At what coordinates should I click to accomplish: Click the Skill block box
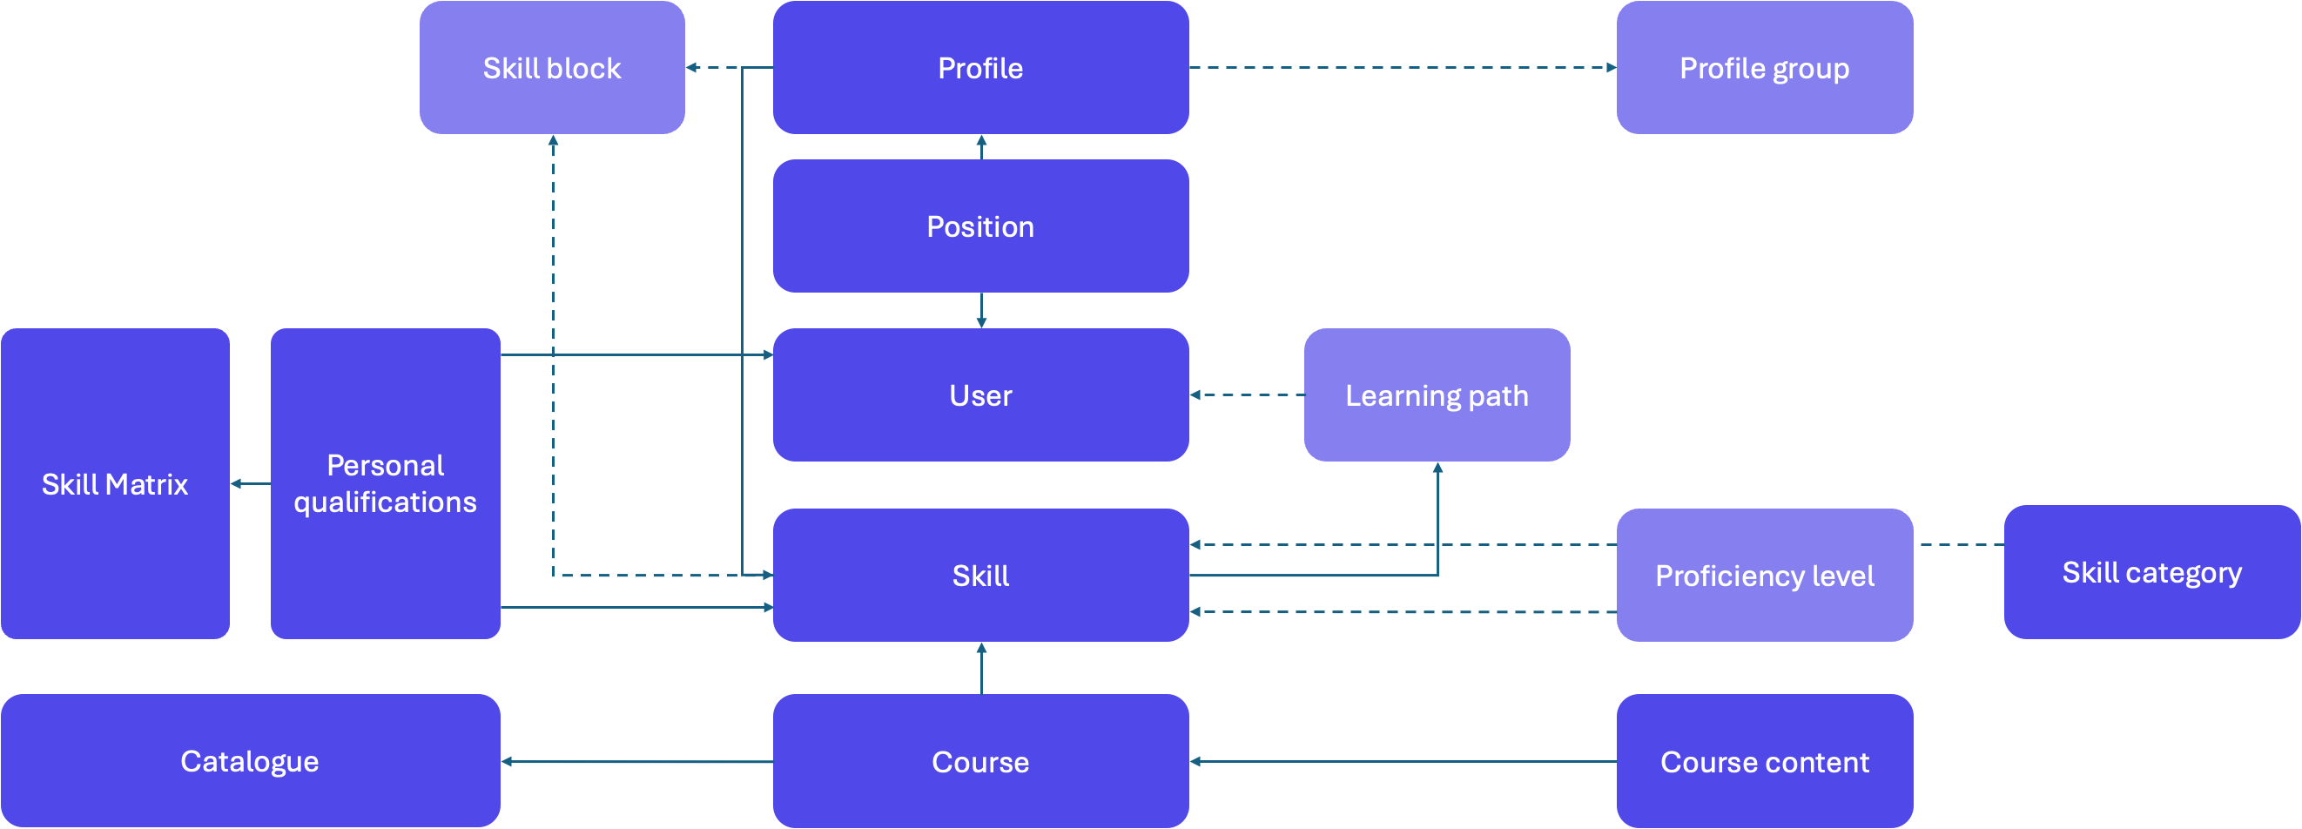pos(551,67)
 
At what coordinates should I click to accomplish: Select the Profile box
pos(980,67)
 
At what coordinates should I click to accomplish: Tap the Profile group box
pos(1764,67)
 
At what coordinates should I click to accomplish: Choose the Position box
pos(980,226)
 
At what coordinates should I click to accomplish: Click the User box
pos(980,394)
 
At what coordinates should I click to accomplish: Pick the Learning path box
pos(1436,394)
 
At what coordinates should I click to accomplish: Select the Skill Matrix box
pos(114,483)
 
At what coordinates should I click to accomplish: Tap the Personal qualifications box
pos(385,483)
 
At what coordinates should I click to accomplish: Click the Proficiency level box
pos(1764,576)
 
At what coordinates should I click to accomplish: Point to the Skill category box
pos(2151,572)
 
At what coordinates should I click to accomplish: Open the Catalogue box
pos(249,760)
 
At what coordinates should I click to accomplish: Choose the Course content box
pos(1764,761)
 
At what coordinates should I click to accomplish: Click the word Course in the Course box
pos(980,762)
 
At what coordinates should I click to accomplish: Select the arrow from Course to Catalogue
pos(636,761)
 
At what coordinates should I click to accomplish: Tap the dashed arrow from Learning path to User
pos(1246,394)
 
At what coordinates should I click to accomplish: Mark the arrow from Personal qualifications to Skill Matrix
pos(250,483)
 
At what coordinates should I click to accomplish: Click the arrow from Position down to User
pos(981,310)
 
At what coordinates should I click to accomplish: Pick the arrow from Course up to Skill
pos(981,667)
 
